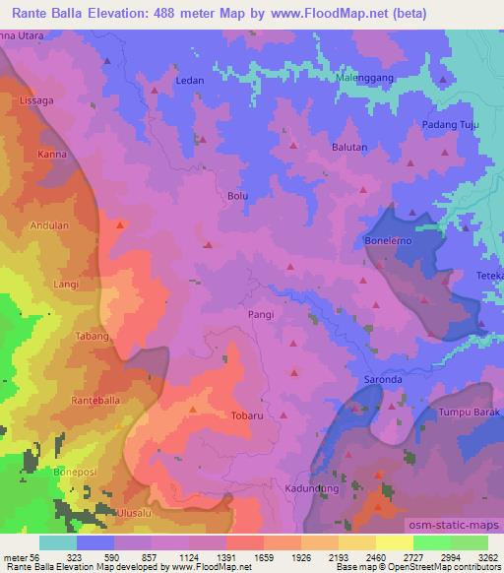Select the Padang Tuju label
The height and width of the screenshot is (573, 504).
tap(449, 124)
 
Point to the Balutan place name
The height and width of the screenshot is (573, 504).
tap(349, 148)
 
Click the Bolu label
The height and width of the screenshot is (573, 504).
tap(237, 196)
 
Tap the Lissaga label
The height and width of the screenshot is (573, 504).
tap(35, 100)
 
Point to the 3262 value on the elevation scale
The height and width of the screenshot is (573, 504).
tap(486, 558)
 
